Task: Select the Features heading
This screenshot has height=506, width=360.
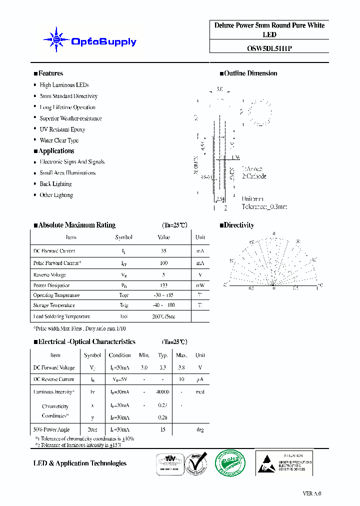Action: coord(48,73)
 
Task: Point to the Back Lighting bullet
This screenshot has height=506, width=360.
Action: coord(55,184)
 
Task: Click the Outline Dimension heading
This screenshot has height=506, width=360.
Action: coord(248,73)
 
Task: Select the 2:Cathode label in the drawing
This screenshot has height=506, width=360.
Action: coord(254,176)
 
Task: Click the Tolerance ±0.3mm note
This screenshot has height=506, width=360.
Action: coord(264,206)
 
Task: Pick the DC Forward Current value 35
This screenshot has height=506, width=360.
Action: coord(164,251)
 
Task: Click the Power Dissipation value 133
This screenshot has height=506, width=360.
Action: coord(164,285)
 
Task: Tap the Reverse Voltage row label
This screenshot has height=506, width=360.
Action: coord(49,274)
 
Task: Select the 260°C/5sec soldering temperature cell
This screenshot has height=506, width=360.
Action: coord(164,316)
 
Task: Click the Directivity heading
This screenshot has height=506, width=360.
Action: coord(237,225)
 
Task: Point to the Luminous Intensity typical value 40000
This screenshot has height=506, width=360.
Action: coord(162,392)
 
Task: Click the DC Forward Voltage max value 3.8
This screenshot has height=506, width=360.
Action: coord(181,367)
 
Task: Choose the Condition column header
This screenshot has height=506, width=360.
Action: coord(120,355)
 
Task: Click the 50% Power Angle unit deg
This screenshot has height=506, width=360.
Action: coord(200,429)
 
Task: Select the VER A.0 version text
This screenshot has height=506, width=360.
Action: coord(312,493)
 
